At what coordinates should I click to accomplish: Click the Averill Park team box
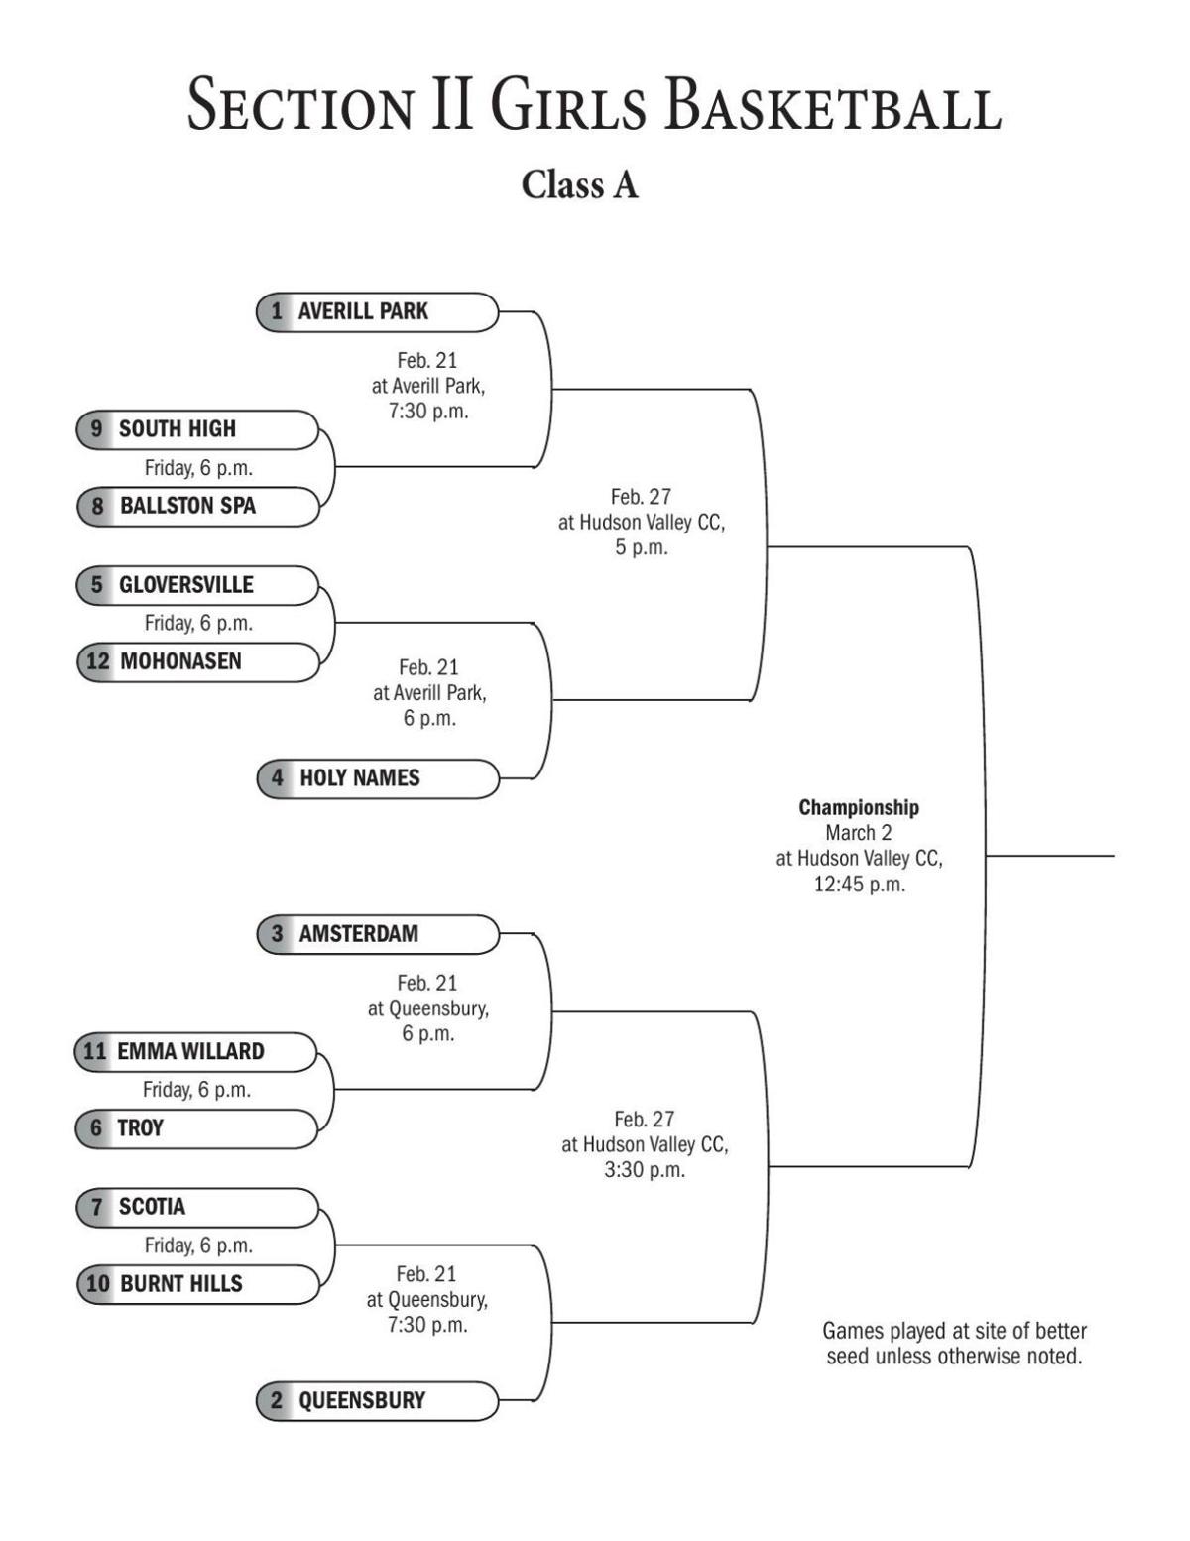(x=377, y=311)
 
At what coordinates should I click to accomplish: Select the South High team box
(x=197, y=429)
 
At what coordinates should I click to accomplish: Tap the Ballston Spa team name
(x=187, y=506)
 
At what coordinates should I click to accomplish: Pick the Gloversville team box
(x=197, y=585)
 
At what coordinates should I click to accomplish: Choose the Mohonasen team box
(x=197, y=661)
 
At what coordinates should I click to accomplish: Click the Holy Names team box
(x=377, y=778)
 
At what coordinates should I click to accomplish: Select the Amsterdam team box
(x=377, y=934)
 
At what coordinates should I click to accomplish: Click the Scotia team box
(x=197, y=1207)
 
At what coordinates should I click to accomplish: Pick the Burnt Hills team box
(x=197, y=1284)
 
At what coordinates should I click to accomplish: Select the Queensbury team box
(x=377, y=1401)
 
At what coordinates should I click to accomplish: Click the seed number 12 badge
(x=97, y=661)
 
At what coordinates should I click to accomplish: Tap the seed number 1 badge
(x=277, y=311)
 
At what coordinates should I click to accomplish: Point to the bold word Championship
(x=859, y=808)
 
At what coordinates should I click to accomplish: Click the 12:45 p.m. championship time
(x=859, y=885)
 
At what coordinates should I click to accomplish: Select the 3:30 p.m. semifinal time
(x=645, y=1170)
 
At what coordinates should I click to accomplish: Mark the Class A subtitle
(x=580, y=185)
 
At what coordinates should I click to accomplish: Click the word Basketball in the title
(x=833, y=106)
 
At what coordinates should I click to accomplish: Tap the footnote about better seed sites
(x=954, y=1344)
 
